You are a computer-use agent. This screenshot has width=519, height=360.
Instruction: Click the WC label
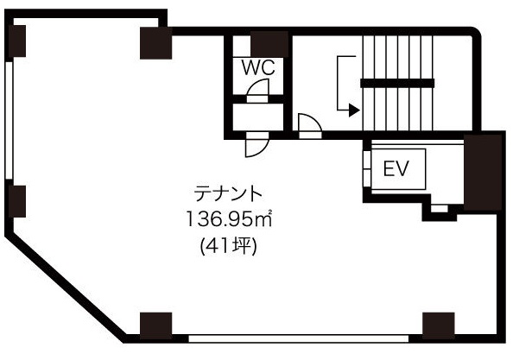tap(258, 67)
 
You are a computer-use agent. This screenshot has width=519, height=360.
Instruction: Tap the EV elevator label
tap(396, 168)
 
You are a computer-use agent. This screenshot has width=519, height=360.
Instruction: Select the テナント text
tap(228, 193)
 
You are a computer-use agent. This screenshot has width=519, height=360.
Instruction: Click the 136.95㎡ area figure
tap(229, 218)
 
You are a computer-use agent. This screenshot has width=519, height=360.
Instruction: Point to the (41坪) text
tap(229, 246)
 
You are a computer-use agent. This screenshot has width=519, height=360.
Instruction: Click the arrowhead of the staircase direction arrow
tap(355, 110)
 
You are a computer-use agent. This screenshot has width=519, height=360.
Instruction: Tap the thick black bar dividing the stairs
tap(397, 83)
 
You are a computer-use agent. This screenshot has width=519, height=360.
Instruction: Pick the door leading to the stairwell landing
tap(310, 126)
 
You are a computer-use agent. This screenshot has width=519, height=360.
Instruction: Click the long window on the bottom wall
tap(299, 338)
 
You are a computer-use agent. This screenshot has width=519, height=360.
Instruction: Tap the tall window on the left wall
tap(9, 121)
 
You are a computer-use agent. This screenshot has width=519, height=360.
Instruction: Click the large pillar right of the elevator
tap(483, 173)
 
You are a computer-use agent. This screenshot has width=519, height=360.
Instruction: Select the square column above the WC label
tap(269, 44)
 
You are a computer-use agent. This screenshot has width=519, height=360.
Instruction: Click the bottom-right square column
tap(439, 326)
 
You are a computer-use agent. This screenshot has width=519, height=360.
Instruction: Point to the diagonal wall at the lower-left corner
tap(66, 287)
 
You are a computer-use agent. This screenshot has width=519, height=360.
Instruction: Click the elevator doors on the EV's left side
tap(367, 169)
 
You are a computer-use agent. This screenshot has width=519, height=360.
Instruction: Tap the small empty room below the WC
tap(258, 117)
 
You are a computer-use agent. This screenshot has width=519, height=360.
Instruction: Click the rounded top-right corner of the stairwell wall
tap(475, 33)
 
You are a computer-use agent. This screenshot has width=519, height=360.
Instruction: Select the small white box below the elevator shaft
tap(440, 209)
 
